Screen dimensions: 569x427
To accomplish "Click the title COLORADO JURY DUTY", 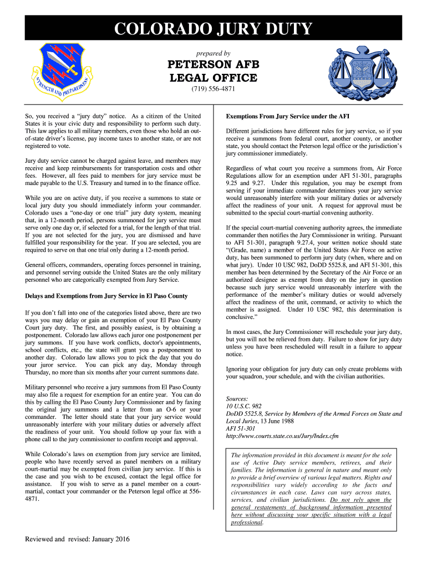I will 213,29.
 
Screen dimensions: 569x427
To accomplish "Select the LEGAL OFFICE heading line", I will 213,77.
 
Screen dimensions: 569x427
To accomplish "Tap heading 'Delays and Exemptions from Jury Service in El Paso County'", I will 106,296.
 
